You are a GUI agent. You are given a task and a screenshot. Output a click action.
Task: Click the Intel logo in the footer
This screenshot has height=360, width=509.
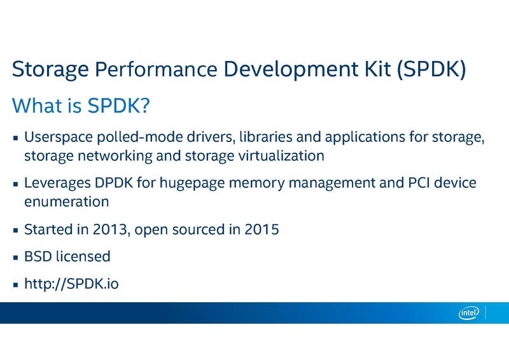coord(469,312)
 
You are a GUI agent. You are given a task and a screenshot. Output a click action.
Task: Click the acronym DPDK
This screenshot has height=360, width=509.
coord(115,183)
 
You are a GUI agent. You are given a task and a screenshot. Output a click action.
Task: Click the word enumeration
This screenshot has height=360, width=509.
coord(66,201)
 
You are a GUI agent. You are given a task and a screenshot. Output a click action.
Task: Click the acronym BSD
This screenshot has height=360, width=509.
coord(37,256)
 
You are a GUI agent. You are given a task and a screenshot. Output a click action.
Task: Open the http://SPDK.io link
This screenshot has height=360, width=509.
coord(71,284)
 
